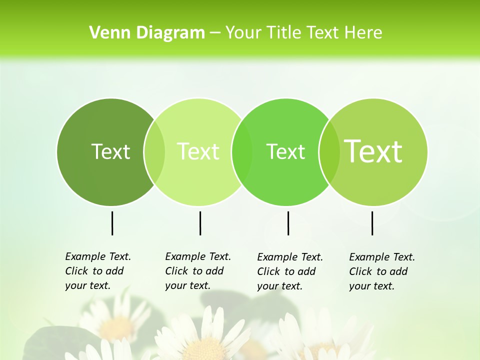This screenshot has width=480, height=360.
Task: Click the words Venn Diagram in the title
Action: point(147,33)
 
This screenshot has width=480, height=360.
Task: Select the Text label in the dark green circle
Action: point(110,151)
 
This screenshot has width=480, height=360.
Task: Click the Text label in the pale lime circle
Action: point(198,151)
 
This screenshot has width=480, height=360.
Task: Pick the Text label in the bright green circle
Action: point(285,151)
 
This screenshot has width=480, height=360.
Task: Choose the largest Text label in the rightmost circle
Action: point(373,151)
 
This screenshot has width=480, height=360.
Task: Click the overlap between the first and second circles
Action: point(154,152)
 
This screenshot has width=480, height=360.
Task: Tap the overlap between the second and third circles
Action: point(242,152)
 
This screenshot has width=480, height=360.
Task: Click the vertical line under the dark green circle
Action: point(112,223)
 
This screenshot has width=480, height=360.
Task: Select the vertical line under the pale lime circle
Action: point(200,223)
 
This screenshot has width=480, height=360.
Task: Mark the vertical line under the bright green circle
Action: point(288,223)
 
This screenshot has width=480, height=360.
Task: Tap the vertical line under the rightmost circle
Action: point(372,223)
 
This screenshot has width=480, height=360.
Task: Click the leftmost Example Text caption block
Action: point(98,271)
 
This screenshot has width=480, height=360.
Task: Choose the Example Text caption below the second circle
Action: point(198,271)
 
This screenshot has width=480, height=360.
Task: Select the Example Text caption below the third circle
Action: point(290,271)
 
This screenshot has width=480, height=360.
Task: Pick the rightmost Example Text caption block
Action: point(382,271)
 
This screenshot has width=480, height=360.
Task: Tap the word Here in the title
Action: point(363,33)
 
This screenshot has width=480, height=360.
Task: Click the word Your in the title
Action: point(244,33)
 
